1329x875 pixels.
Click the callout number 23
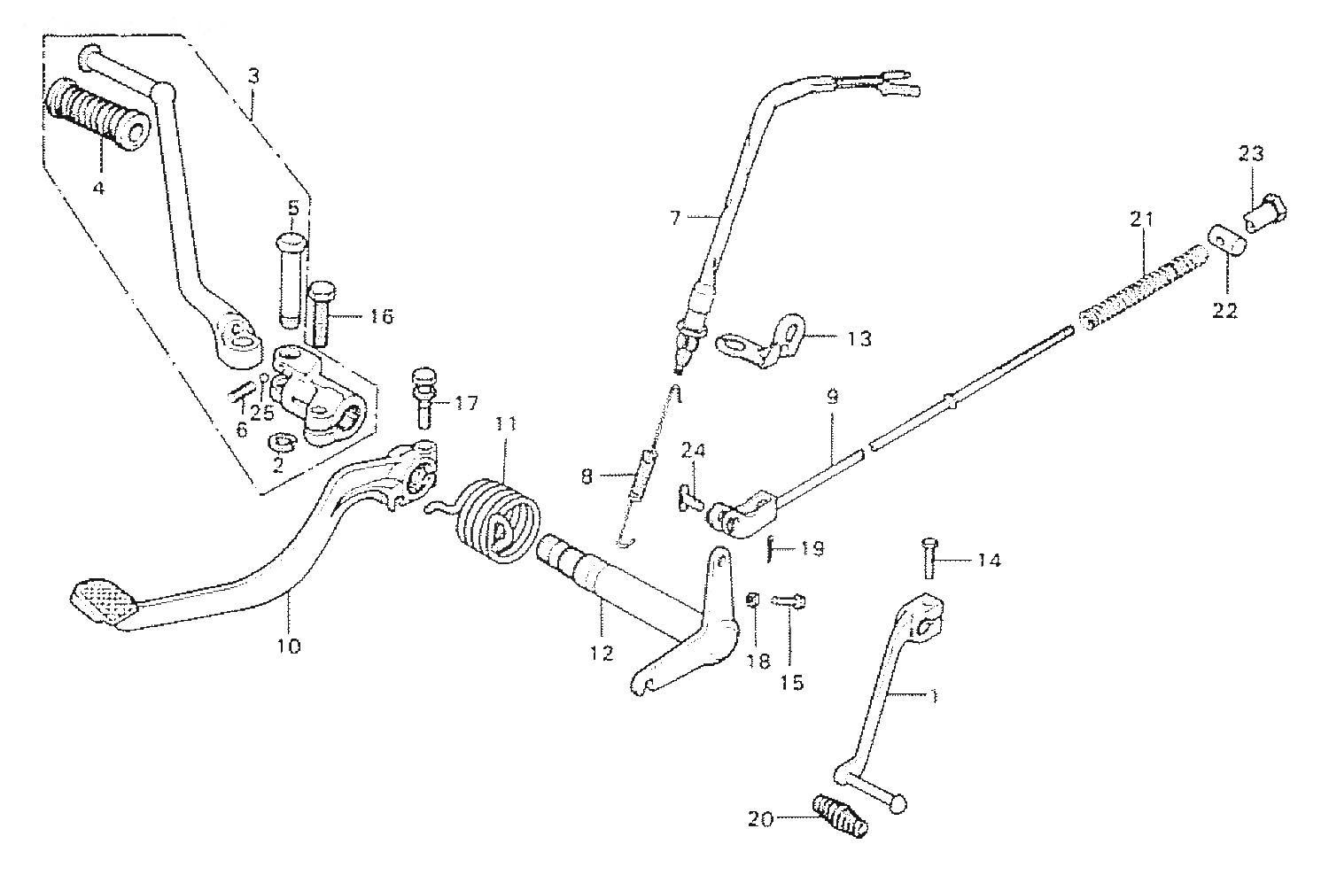(x=1251, y=154)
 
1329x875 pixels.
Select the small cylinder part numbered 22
(x=1224, y=239)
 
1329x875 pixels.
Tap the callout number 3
(x=253, y=76)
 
